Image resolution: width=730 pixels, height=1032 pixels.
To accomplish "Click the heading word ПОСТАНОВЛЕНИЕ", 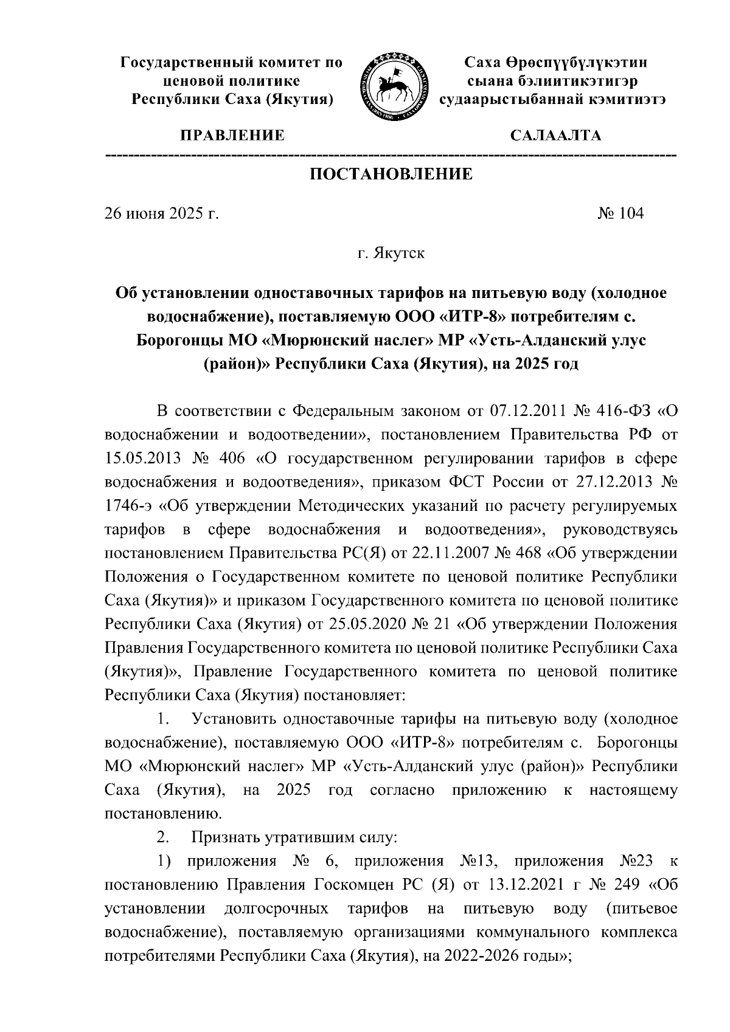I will (391, 175).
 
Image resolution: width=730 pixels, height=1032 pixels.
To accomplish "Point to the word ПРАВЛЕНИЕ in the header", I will (231, 136).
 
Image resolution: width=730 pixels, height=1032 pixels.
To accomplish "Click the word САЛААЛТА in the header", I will (555, 136).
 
